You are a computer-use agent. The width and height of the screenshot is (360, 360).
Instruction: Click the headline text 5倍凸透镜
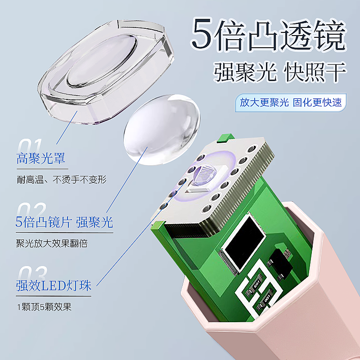pos(269,34)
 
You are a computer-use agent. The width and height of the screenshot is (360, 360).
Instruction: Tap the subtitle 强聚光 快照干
pos(280,72)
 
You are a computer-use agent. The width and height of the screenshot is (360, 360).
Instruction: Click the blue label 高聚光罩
pos(41,158)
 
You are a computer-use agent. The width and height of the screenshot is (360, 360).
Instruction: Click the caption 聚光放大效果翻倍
pos(52,243)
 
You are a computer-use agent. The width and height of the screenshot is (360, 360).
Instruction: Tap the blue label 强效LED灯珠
pos(54,286)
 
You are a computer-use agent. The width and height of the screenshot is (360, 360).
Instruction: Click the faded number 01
pos(30,147)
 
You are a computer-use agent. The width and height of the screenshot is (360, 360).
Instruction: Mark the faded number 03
pos(31,274)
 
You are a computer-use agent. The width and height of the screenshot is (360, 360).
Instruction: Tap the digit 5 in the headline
pos(201,34)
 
